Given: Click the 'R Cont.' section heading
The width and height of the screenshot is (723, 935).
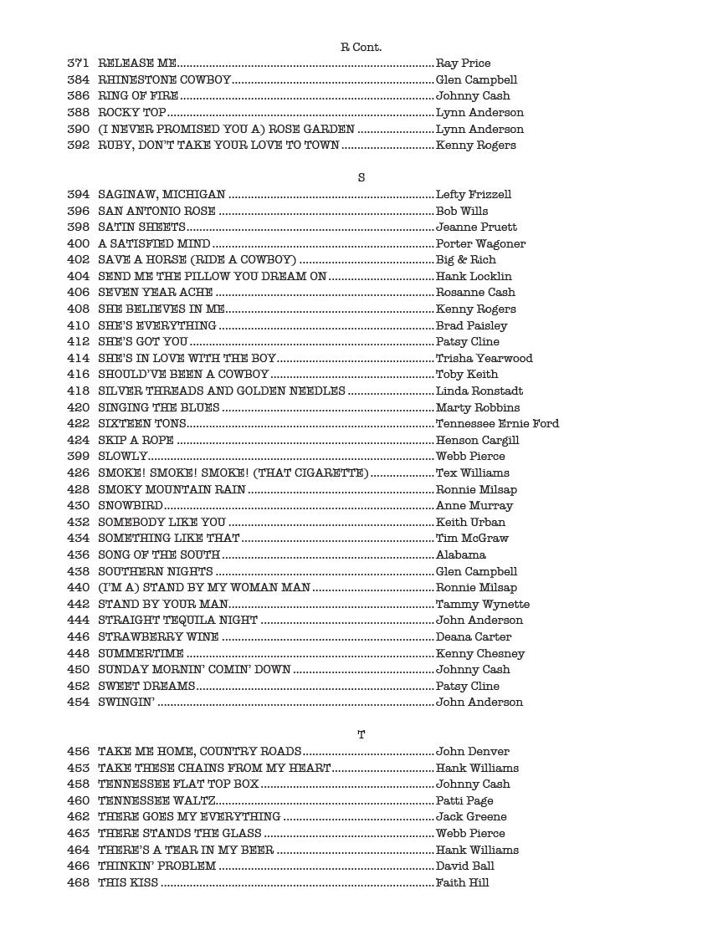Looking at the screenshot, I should coord(361,48).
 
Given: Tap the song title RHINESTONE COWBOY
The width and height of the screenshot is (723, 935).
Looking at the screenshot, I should coord(164,80).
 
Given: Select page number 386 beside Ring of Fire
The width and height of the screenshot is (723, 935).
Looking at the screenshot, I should coord(78,96).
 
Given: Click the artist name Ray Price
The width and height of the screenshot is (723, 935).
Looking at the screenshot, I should coord(463,64).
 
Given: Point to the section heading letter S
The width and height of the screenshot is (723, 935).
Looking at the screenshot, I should coord(361,178).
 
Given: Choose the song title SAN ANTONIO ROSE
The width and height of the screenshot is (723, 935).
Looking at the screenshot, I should coord(156,212).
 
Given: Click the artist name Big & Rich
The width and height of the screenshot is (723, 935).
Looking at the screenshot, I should coord(465,260).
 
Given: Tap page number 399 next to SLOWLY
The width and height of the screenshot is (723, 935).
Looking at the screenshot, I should coord(78,457).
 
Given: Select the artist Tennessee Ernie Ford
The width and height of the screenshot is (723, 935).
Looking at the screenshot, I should coord(497,424).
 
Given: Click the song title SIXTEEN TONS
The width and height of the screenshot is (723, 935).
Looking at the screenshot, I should coord(131,424).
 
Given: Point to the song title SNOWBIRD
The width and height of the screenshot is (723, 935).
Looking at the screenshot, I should coord(130,506).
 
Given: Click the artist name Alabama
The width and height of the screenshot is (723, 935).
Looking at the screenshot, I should coord(460,555).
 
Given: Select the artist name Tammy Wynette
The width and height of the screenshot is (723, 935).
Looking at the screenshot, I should coord(482,605).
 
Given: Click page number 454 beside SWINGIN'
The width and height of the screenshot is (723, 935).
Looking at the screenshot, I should coord(78,703).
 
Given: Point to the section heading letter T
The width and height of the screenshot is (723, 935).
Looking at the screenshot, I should coord(361,735).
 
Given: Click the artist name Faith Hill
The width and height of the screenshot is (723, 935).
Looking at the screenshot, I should coord(462,883).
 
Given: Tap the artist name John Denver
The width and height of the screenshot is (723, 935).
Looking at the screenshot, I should coord(472,752).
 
